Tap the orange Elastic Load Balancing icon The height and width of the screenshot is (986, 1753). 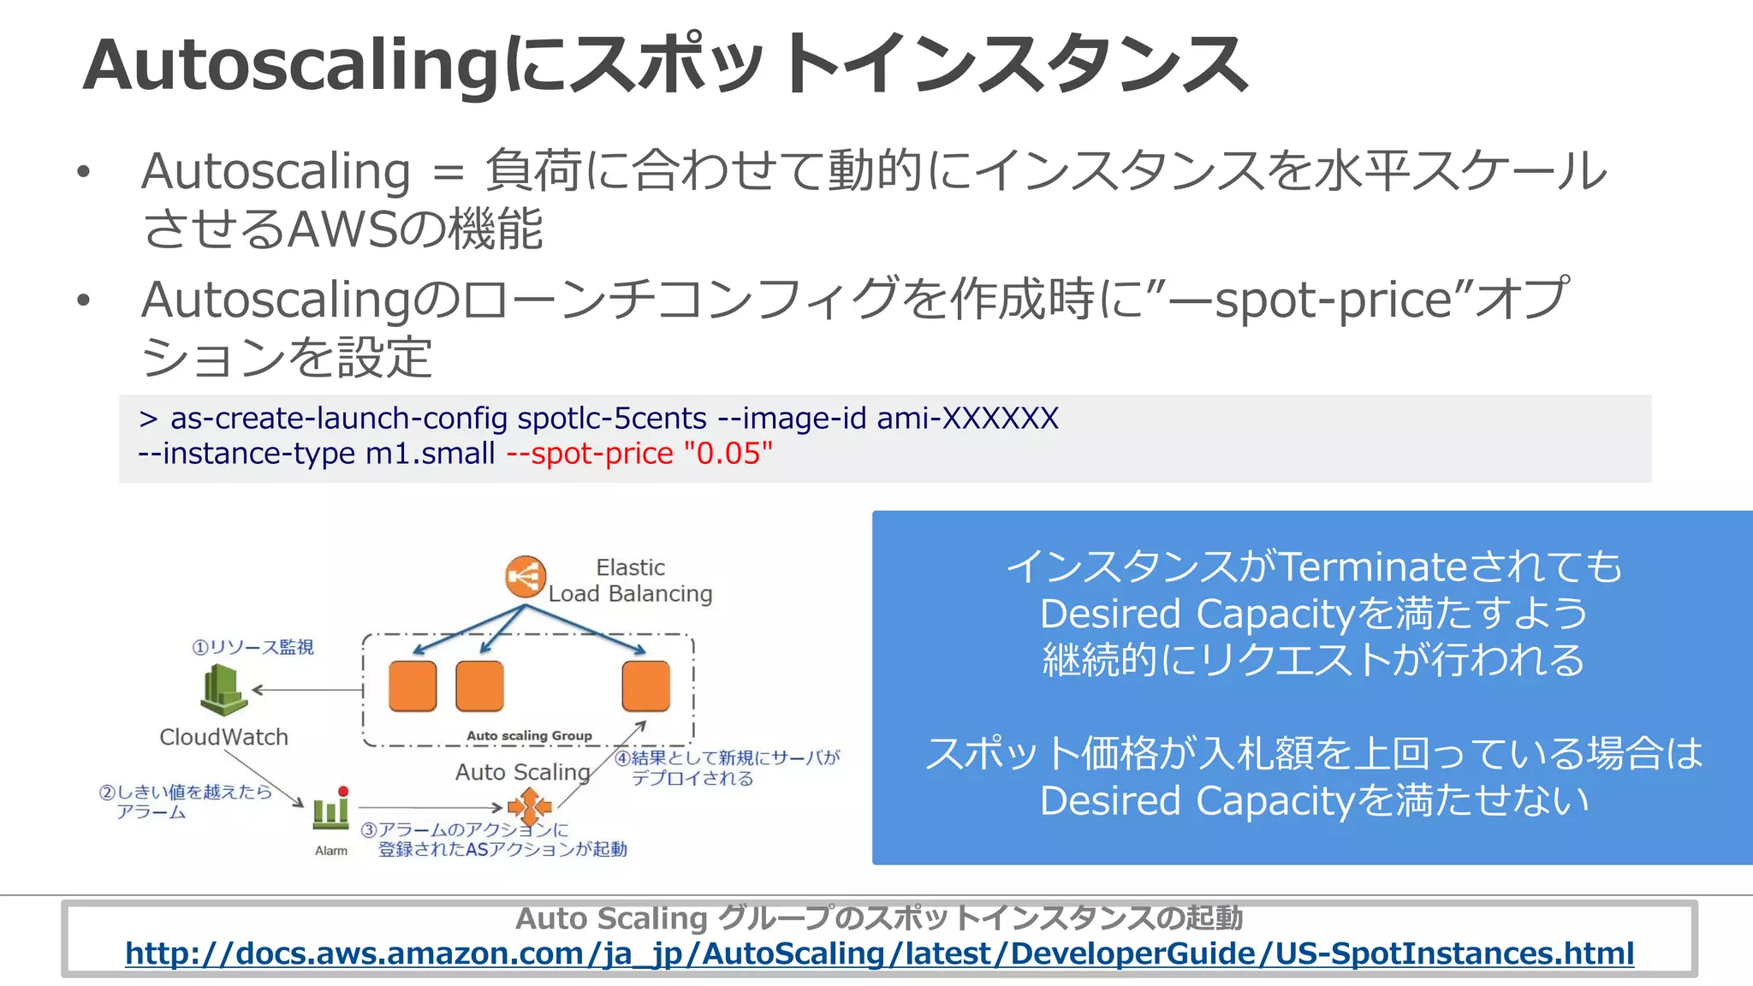(x=525, y=577)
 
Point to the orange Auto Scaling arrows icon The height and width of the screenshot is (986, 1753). (x=530, y=806)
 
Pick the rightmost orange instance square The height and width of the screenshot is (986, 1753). (x=645, y=686)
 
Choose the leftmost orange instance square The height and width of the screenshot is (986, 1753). (x=413, y=686)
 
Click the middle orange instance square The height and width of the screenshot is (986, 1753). (x=479, y=686)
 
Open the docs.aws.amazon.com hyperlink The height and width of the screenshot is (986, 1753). (x=879, y=953)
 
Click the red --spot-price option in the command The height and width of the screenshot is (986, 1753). (x=590, y=454)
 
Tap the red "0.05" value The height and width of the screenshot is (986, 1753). (x=728, y=454)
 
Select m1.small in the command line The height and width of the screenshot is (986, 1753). (x=431, y=454)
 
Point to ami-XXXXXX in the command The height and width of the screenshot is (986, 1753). (x=967, y=419)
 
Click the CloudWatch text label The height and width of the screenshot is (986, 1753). (x=223, y=737)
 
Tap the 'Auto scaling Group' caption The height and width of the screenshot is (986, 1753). (x=529, y=735)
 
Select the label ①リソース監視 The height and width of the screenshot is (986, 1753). (x=253, y=647)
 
